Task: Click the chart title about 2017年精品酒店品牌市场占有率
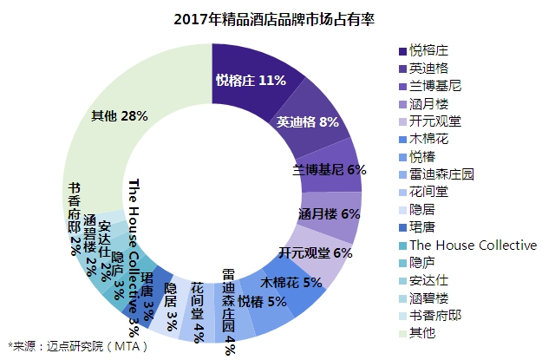tap(274, 19)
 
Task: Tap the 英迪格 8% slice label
tap(307, 121)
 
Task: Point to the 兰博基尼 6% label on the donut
tap(329, 170)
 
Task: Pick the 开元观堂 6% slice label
tap(316, 253)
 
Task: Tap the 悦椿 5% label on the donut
tap(262, 302)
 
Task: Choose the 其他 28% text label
tap(120, 116)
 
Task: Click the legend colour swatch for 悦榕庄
tap(402, 51)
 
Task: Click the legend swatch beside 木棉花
tap(402, 140)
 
